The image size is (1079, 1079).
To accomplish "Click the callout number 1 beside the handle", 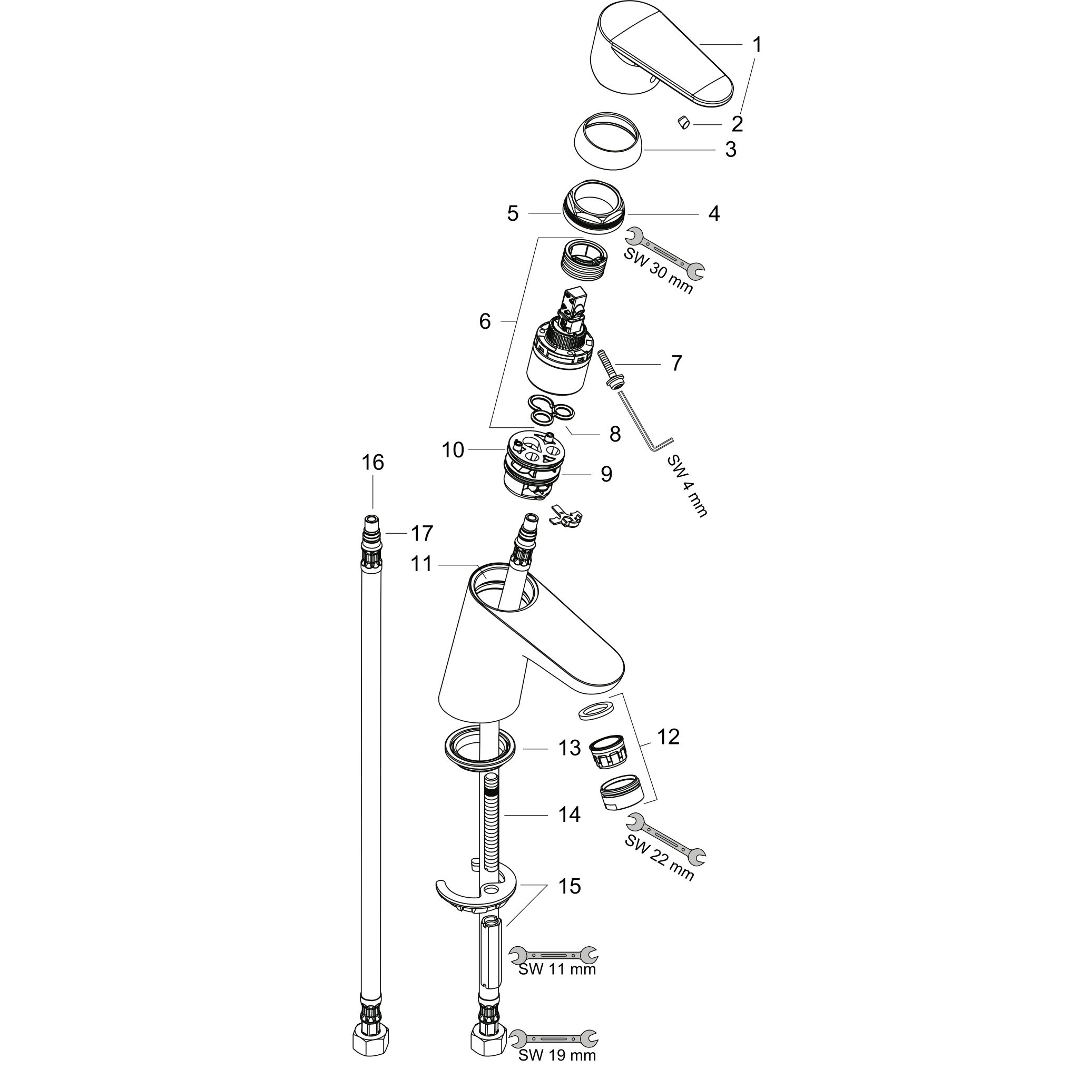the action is point(757,44).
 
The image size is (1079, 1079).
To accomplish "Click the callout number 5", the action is point(512,213).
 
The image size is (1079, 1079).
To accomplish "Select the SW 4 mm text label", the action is point(688,485).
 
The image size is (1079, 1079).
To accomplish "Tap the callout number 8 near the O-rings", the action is point(614,434).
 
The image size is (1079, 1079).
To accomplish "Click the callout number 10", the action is point(453,449).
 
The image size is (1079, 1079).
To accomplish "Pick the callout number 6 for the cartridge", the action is point(485,321).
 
